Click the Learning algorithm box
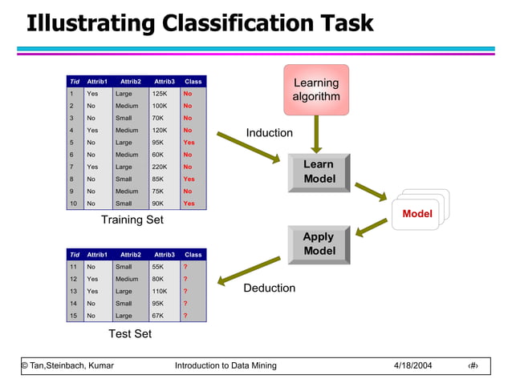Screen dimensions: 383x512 (316, 90)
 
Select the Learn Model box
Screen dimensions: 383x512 (319, 171)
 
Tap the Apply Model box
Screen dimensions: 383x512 (319, 244)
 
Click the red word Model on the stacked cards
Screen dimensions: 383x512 (417, 214)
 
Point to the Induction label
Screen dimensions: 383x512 (269, 133)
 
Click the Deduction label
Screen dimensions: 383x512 (269, 288)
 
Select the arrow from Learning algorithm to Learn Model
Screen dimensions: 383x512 (317, 132)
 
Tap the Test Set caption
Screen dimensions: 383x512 (131, 333)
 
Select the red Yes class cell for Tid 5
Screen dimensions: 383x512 (189, 143)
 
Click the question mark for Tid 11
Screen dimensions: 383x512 (185, 267)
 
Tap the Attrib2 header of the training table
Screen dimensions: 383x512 (130, 82)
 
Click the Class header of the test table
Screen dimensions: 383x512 (193, 255)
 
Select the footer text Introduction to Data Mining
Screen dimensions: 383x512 (226, 366)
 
